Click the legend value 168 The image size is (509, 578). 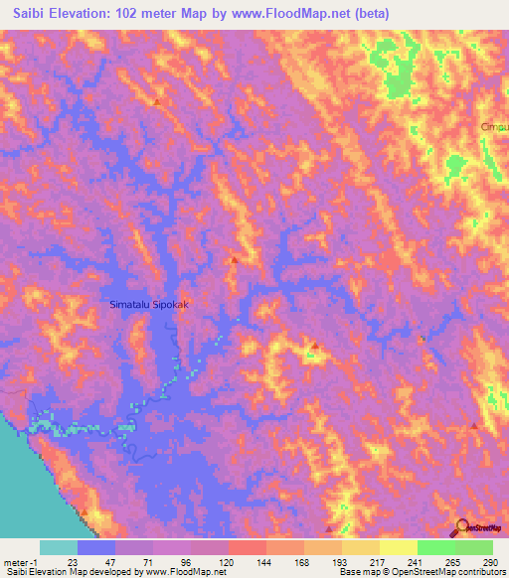(304, 561)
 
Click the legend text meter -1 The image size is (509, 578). (22, 561)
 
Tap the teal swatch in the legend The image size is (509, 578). (59, 547)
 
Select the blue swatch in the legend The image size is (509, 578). (96, 547)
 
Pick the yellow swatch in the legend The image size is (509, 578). (399, 547)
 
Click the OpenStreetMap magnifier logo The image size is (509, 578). (462, 528)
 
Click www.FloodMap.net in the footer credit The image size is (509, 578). (184, 572)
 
